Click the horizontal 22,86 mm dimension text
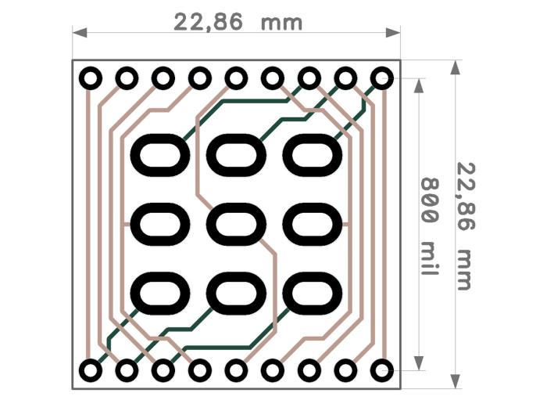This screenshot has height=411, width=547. pyautogui.click(x=238, y=23)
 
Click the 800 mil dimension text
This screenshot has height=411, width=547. pyautogui.click(x=429, y=226)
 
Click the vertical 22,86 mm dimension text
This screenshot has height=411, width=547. pyautogui.click(x=467, y=226)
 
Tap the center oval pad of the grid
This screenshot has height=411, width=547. pyautogui.click(x=236, y=225)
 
